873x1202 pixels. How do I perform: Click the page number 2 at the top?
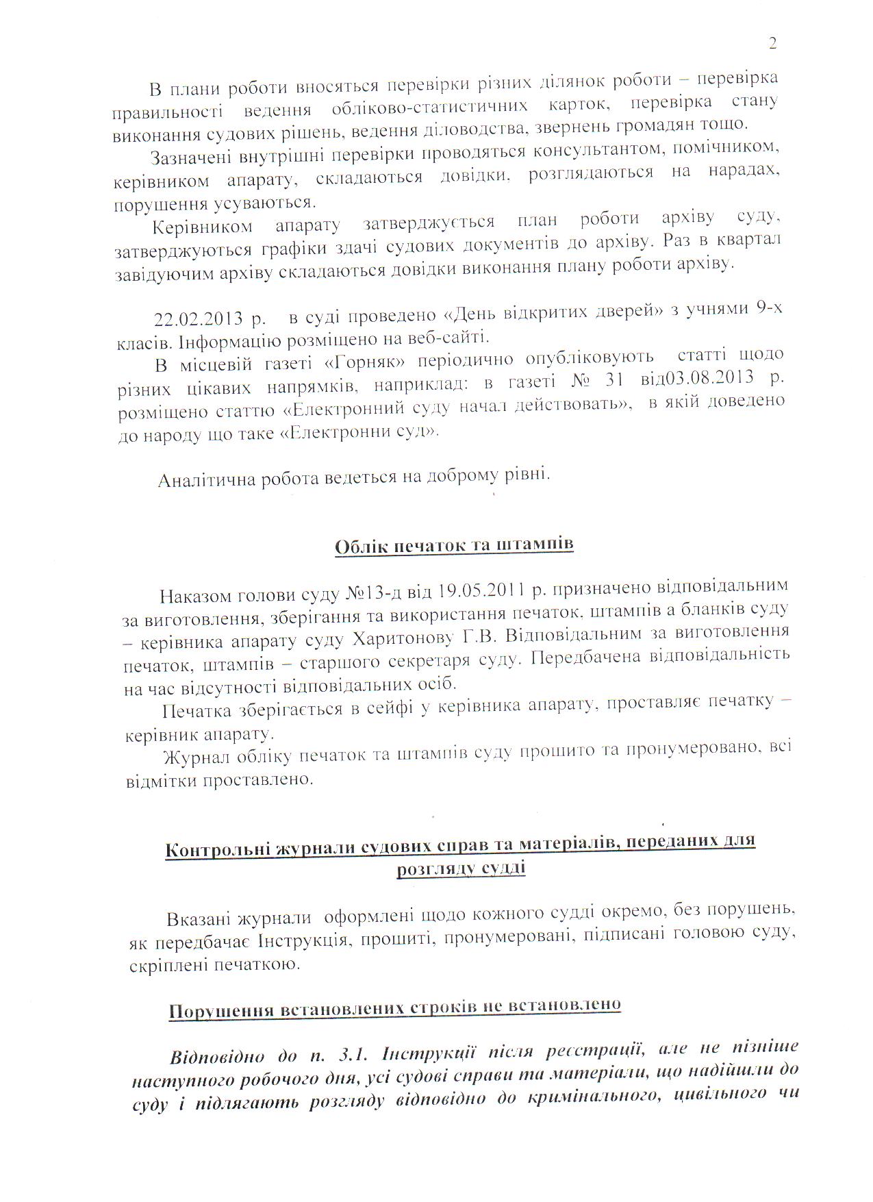[772, 45]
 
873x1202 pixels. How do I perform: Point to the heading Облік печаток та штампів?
[454, 546]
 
